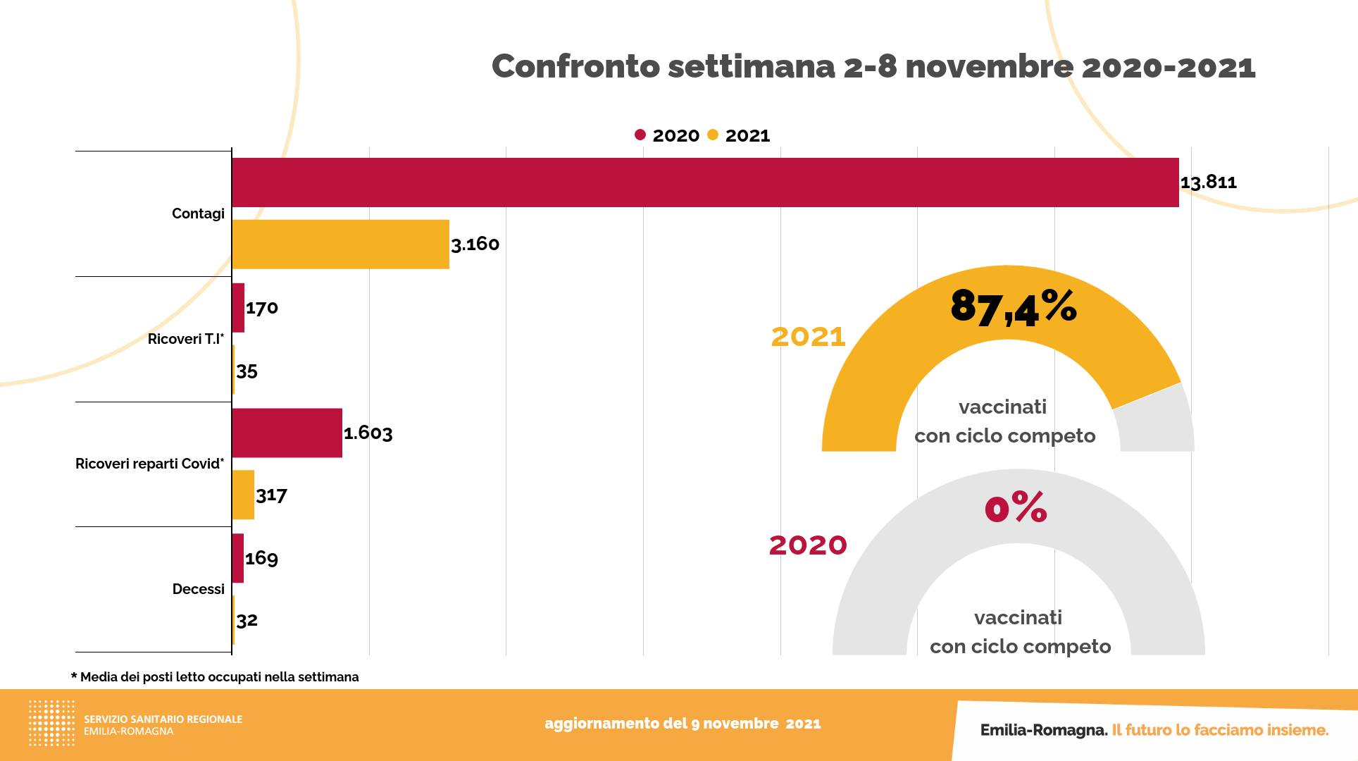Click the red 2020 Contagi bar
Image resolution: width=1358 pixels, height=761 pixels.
tap(704, 182)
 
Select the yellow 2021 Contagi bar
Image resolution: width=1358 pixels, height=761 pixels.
tap(340, 245)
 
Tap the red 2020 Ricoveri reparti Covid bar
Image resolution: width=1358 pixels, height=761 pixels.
tap(287, 433)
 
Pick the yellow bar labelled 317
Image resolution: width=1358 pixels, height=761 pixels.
tap(243, 495)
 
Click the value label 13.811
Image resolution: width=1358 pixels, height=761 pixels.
tap(1209, 182)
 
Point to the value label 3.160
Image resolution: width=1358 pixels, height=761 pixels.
tap(475, 245)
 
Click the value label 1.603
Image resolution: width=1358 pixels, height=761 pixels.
tap(368, 433)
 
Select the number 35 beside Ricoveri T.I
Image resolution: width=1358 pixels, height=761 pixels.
tap(247, 371)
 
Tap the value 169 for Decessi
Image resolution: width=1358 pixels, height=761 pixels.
tap(261, 558)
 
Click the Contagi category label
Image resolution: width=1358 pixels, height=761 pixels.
tap(198, 214)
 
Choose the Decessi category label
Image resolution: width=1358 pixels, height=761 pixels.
tap(199, 589)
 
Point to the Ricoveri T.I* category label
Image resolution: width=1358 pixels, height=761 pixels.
tap(186, 339)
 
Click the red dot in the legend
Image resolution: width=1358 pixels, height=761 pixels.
tap(640, 135)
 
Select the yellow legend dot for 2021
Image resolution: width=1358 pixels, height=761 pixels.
tap(713, 135)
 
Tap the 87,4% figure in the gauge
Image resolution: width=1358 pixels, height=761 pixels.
tap(1013, 308)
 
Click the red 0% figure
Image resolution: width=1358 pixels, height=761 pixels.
tap(1016, 508)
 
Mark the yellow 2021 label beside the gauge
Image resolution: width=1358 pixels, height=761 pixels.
tap(808, 337)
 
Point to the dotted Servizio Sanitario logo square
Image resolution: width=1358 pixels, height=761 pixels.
tap(51, 723)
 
